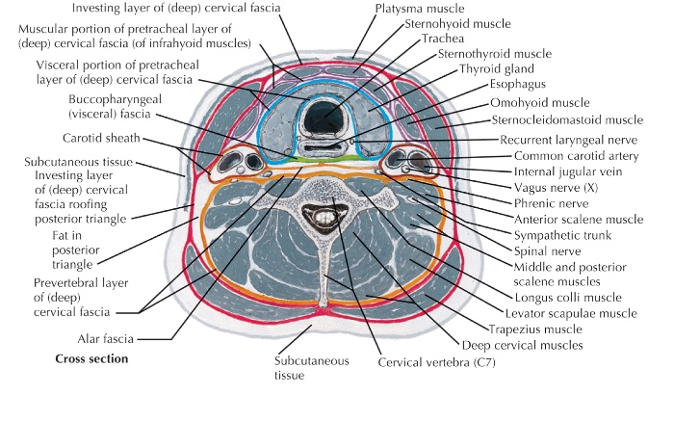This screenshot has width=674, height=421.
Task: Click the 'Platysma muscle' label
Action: pyautogui.click(x=420, y=8)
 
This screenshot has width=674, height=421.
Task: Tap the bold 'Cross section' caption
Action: pyautogui.click(x=91, y=359)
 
